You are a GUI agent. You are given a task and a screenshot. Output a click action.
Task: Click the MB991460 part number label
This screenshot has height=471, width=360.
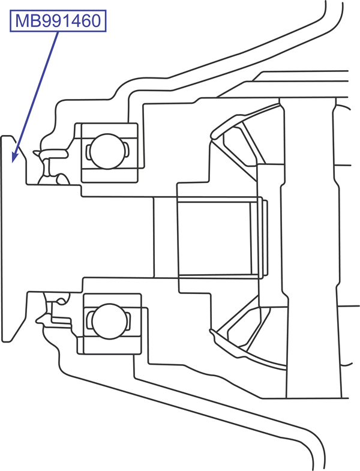tap(58, 22)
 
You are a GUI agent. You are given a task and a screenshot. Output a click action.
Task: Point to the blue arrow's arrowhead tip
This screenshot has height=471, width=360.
tap(13, 161)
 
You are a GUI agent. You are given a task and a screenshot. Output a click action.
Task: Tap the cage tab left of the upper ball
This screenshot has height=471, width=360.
tap(88, 150)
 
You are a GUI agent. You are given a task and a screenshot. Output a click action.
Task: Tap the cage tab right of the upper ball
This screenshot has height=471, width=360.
tap(127, 150)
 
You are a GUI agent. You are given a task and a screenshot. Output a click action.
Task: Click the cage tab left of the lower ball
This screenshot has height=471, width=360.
tap(89, 320)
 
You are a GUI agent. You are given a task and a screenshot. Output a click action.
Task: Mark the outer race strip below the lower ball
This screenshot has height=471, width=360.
tap(109, 346)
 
